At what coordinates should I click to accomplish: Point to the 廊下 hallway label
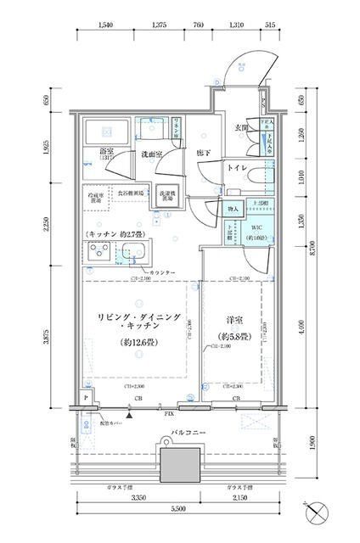204,154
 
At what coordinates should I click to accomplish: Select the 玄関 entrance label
240,128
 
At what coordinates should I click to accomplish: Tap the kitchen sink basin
134,252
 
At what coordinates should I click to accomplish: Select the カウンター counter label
163,271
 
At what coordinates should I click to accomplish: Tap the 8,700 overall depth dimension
313,249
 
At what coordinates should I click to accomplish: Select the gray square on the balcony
179,465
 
